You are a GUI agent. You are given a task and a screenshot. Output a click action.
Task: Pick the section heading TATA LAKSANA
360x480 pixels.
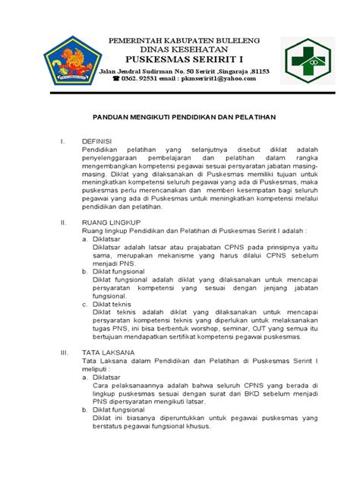coord(109,353)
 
